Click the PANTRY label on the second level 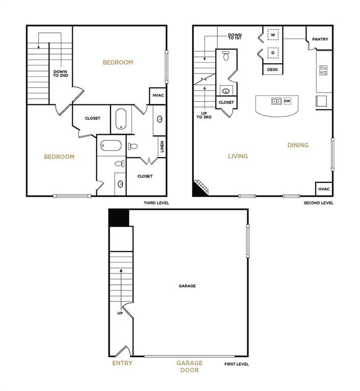pyautogui.click(x=320, y=39)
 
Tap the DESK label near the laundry pyautogui.click(x=272, y=70)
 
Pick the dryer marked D pyautogui.click(x=273, y=52)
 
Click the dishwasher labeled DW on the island pyautogui.click(x=287, y=101)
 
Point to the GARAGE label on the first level pyautogui.click(x=187, y=286)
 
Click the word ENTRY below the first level pyautogui.click(x=122, y=363)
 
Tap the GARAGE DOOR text pyautogui.click(x=189, y=367)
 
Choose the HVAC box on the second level pyautogui.click(x=324, y=189)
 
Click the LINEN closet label pyautogui.click(x=162, y=147)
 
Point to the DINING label pyautogui.click(x=298, y=145)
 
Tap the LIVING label pyautogui.click(x=238, y=156)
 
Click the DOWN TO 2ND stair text pyautogui.click(x=61, y=73)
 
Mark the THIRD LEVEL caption pyautogui.click(x=156, y=203)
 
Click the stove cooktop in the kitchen pyautogui.click(x=323, y=70)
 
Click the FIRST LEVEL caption pyautogui.click(x=237, y=364)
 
